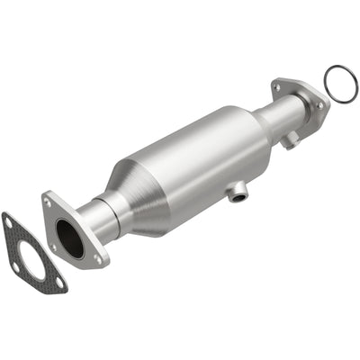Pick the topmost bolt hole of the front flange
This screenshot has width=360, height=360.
click(48, 203)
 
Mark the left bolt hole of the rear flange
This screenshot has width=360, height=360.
click(279, 87)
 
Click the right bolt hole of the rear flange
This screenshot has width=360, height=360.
click(319, 104)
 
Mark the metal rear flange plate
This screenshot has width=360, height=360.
click(302, 90)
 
